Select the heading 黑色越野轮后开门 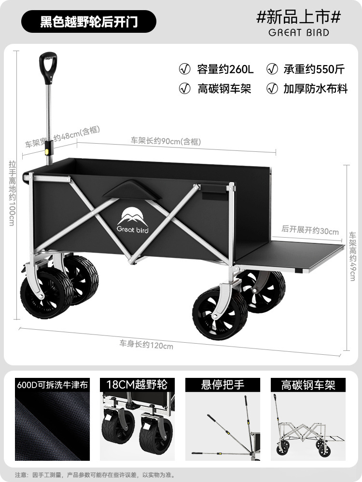[x=88, y=22]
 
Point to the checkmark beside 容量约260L [x=184, y=69]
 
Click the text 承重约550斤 [x=313, y=69]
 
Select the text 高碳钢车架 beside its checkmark [x=224, y=89]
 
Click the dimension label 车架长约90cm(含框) [x=166, y=141]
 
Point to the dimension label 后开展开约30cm [x=310, y=231]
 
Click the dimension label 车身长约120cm [x=146, y=345]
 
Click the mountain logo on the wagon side [x=132, y=220]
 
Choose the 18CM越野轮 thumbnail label [x=136, y=385]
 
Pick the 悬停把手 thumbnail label [x=223, y=385]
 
